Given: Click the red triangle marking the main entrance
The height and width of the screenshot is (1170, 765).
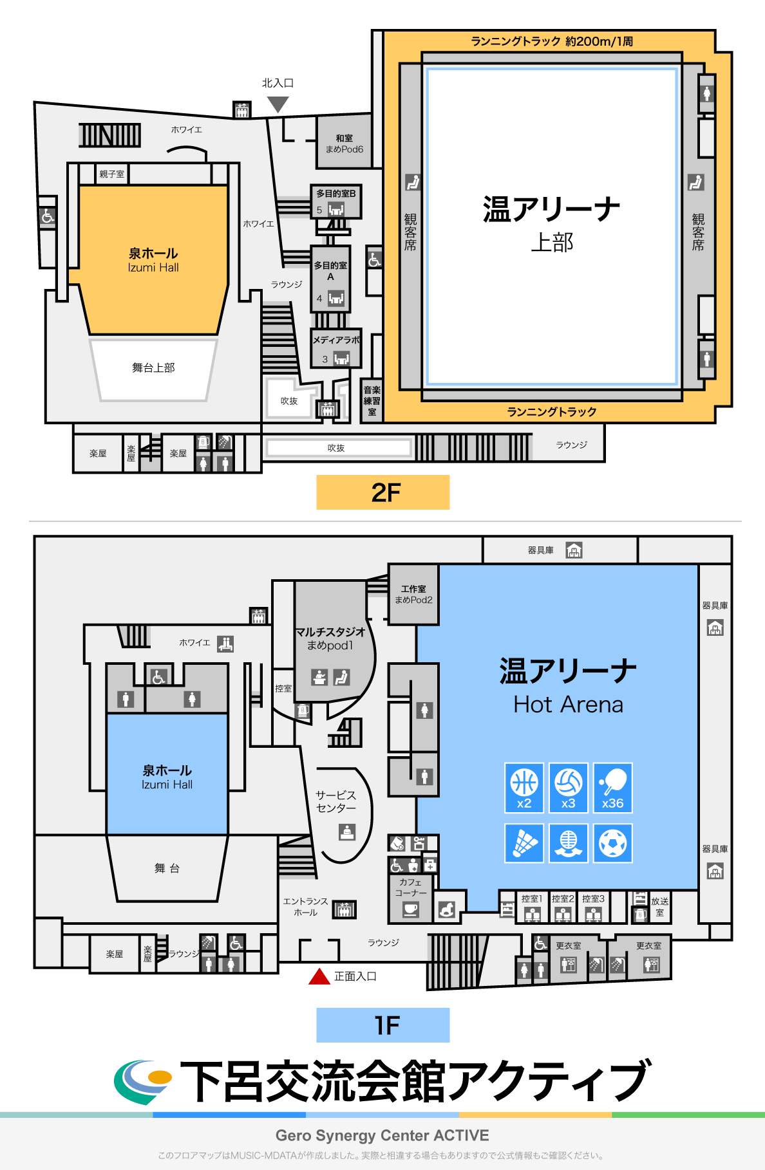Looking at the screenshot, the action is (x=319, y=977).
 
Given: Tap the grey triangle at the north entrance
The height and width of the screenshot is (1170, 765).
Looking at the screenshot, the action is (x=278, y=104).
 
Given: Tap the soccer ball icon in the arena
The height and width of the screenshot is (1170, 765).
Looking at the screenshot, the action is (x=612, y=843).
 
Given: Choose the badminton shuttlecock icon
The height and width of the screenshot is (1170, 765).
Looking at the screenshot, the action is (x=524, y=843).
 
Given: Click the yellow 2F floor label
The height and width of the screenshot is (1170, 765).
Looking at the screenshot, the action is (x=383, y=492).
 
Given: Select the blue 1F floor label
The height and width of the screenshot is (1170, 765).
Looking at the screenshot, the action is (x=383, y=1025).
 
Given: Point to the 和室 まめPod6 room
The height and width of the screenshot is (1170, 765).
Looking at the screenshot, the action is (x=344, y=143).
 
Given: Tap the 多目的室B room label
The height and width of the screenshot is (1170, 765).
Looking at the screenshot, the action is (x=335, y=193).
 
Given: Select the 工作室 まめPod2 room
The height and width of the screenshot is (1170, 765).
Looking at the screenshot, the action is (x=413, y=594).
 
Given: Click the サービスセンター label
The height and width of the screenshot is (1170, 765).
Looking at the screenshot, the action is (x=335, y=801).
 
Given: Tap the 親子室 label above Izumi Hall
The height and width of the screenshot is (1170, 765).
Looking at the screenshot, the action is (x=111, y=174).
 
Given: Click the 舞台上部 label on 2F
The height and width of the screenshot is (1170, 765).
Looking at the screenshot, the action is (x=153, y=367).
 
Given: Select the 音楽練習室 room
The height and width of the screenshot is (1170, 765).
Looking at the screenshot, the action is (x=372, y=400).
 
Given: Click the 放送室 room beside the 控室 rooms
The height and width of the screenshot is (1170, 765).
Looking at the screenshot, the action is (x=659, y=907).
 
